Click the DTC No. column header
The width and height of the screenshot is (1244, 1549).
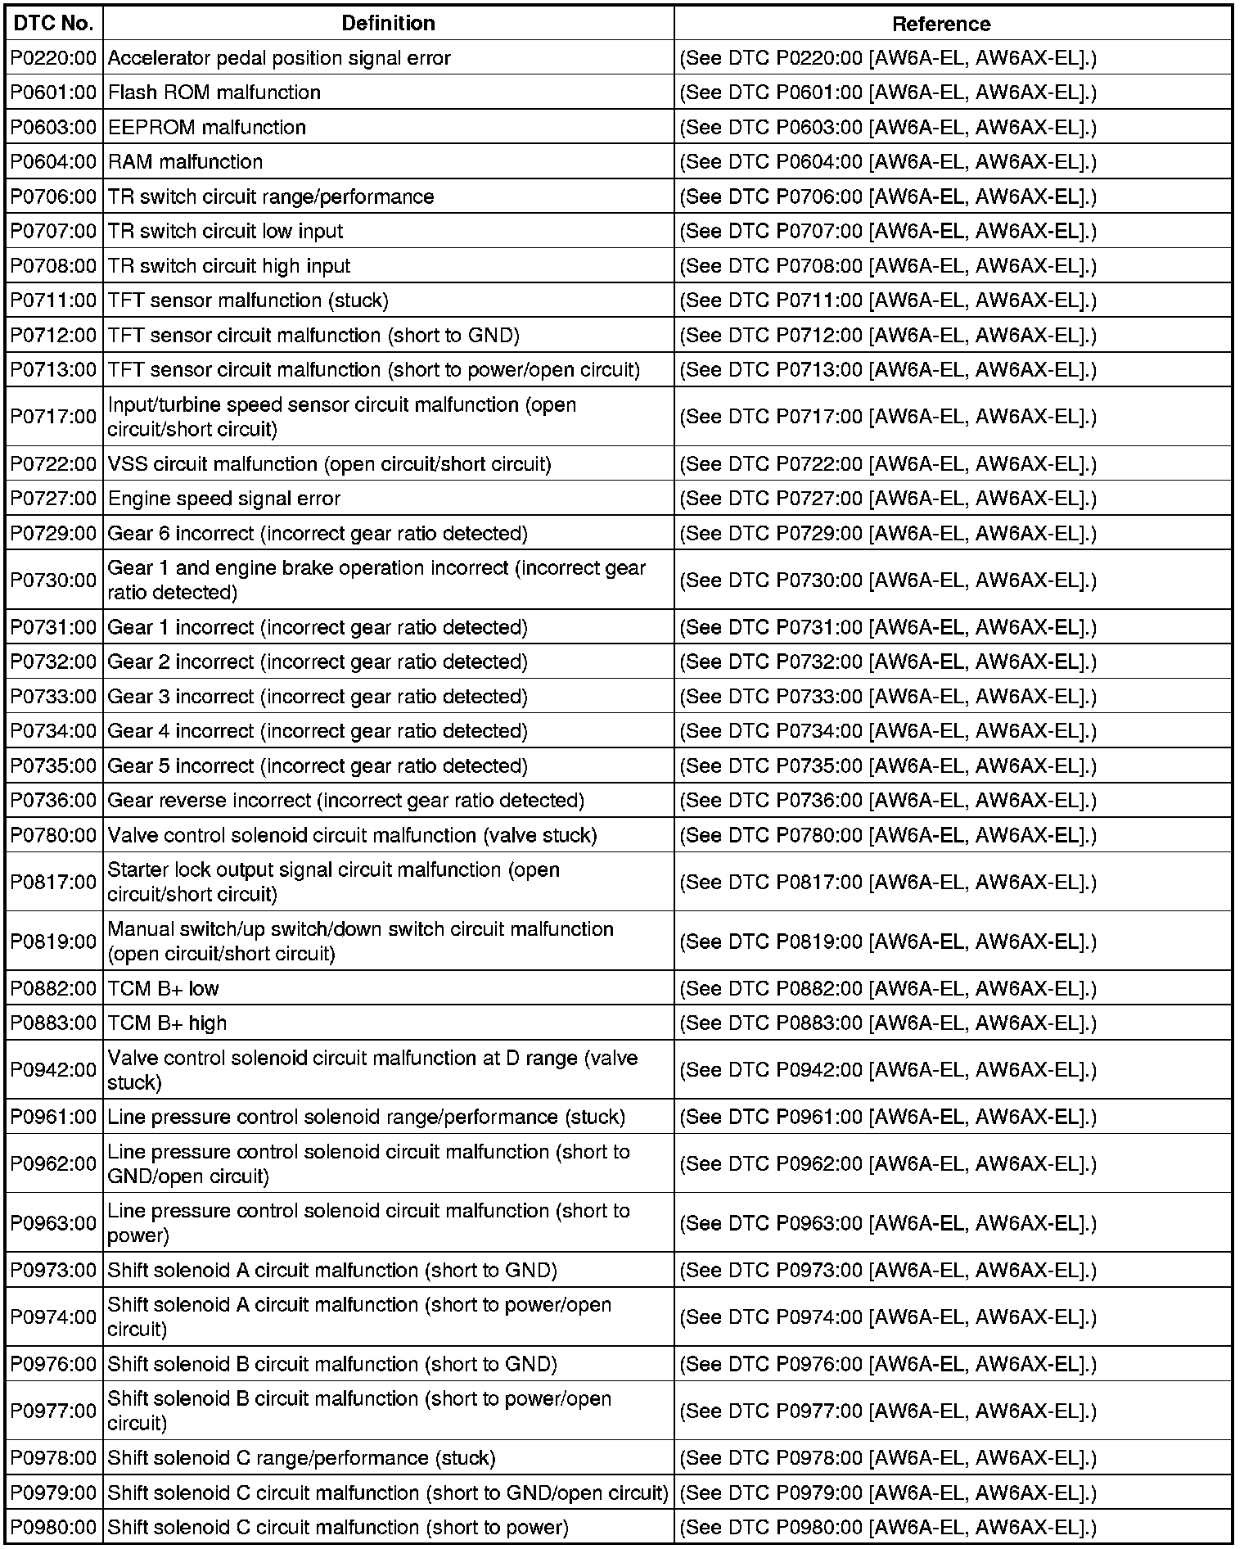coord(54,24)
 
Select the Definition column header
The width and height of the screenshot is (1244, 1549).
coord(388,24)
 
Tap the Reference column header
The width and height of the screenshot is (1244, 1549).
coord(940,24)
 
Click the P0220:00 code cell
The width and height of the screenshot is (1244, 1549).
coord(54,58)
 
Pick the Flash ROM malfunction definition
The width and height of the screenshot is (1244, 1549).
coord(214,93)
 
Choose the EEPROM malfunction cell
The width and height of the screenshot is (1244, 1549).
coord(207,128)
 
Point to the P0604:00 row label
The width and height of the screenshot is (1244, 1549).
coord(54,162)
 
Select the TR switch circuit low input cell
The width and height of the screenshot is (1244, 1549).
coord(226,232)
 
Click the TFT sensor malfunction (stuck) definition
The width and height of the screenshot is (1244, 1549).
coord(248,300)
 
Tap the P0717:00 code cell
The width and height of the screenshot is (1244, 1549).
coord(54,417)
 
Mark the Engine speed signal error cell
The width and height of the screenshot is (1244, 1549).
coord(224,499)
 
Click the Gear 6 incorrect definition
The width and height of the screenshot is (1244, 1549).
coord(318,534)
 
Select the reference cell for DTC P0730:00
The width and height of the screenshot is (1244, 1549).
coord(888,580)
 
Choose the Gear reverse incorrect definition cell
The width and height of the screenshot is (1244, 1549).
coord(346,801)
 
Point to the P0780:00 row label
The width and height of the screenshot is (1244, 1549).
coord(54,836)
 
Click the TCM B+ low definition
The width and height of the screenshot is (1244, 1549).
coord(164,989)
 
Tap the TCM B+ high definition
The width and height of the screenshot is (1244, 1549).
coord(168,1023)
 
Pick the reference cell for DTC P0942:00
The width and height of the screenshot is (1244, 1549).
coord(888,1070)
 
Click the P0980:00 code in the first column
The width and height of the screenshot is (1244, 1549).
coord(54,1528)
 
